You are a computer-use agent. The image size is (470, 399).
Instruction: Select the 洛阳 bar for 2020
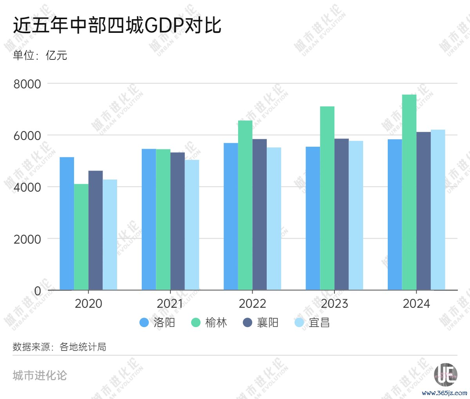(x=67, y=223)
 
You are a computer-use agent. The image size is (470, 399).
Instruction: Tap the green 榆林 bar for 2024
(x=409, y=192)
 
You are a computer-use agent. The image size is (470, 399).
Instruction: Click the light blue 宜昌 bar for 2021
(x=192, y=225)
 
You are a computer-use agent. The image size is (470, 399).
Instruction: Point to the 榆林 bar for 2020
(x=81, y=237)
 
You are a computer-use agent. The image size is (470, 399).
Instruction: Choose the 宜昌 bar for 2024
(x=438, y=210)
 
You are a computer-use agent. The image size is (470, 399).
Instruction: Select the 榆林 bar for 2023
(x=327, y=198)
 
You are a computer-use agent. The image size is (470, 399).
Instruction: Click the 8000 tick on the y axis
(x=27, y=84)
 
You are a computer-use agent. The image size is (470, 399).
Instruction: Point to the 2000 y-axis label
(x=27, y=239)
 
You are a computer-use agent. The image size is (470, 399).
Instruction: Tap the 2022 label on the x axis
(x=252, y=304)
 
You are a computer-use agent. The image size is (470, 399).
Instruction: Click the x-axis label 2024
(x=416, y=304)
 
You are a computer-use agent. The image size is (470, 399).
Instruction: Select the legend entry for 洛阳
(x=157, y=322)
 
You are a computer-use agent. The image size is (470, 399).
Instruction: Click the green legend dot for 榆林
(x=196, y=322)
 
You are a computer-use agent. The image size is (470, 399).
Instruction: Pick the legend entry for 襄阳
(x=260, y=322)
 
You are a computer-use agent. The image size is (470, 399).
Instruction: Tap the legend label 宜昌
(x=319, y=322)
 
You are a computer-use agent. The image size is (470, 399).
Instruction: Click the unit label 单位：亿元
(x=40, y=55)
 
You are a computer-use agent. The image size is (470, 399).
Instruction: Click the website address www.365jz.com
(x=445, y=393)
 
